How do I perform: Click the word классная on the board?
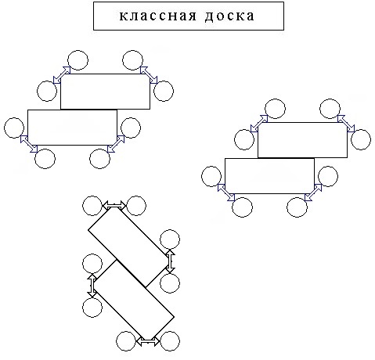point(158,16)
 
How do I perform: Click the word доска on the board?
point(229,16)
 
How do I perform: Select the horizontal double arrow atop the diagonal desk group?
point(115,205)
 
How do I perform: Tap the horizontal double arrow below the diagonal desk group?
point(148,341)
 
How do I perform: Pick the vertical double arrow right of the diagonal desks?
point(170,261)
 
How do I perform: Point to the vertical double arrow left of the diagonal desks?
point(92,285)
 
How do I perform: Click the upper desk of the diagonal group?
point(128,247)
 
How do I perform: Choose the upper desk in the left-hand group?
point(105,92)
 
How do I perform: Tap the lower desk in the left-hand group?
point(72,128)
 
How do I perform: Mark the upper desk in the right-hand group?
point(302,140)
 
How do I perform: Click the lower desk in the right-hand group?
point(269,176)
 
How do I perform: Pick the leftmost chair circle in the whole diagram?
point(14,128)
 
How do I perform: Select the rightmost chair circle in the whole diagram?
point(361,139)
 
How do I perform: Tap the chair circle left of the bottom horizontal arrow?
point(126,341)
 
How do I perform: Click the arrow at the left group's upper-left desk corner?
point(62,75)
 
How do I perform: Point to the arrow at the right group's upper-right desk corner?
point(346,124)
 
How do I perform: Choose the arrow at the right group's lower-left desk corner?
point(226,193)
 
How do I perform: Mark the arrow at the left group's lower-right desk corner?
point(116,144)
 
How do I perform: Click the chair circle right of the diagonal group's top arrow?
point(135,206)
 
